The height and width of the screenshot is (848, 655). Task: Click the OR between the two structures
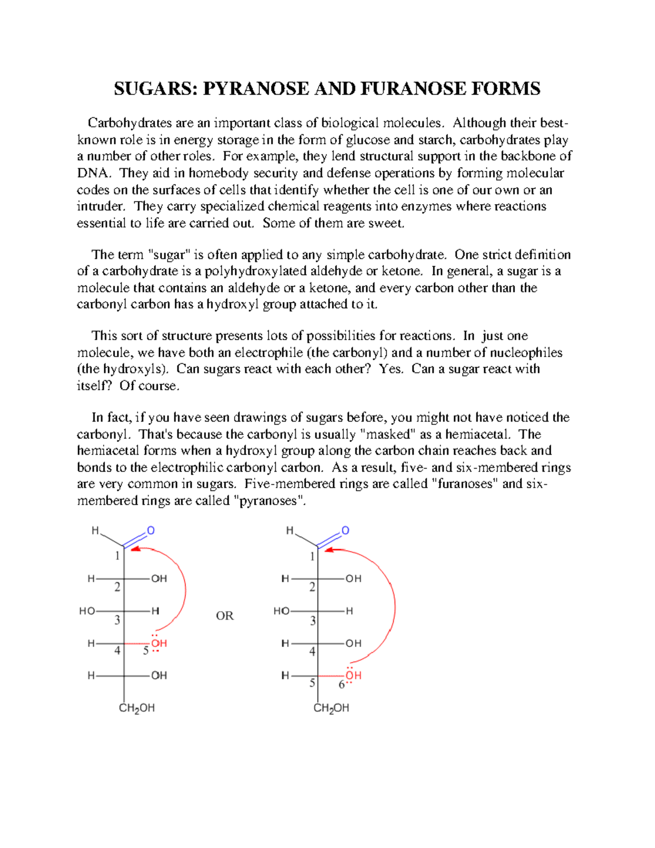pyautogui.click(x=224, y=616)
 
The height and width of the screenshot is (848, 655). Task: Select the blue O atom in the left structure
pyautogui.click(x=151, y=531)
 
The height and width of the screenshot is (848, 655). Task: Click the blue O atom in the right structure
pyautogui.click(x=345, y=531)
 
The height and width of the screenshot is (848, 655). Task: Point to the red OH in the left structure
pyautogui.click(x=159, y=643)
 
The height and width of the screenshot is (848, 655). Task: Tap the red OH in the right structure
pyautogui.click(x=353, y=675)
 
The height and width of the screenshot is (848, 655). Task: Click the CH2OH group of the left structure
pyautogui.click(x=136, y=708)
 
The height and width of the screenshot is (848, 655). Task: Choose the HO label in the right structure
pyautogui.click(x=281, y=611)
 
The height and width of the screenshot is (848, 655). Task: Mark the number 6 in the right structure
pyautogui.click(x=342, y=685)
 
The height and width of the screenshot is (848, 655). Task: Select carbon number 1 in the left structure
pyautogui.click(x=117, y=556)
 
